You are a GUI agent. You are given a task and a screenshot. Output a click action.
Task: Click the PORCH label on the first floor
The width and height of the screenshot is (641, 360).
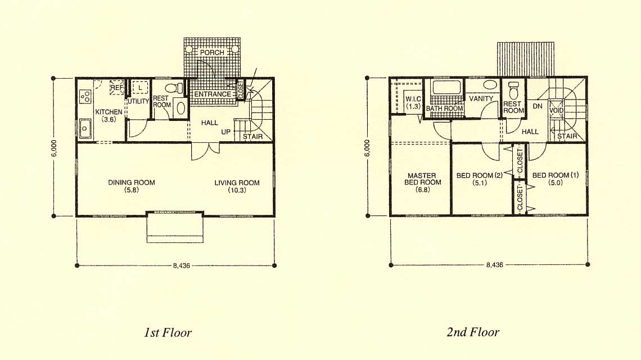pos(212,52)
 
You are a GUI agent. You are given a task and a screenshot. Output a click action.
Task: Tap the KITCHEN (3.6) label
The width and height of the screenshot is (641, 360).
pos(109,115)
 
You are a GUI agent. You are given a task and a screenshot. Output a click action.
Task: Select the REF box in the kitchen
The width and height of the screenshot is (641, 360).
pos(117,88)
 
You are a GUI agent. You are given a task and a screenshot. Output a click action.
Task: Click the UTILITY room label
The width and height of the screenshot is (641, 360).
pos(138,101)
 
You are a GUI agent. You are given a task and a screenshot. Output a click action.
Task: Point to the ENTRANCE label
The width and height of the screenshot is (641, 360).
pos(212,94)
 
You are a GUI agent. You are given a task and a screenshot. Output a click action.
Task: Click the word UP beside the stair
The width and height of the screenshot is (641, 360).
pos(225,132)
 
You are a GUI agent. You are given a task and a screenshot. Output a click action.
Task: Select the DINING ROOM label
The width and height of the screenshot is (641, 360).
pos(131,186)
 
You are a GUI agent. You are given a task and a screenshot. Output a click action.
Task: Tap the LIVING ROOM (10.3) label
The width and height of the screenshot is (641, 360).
pos(237,186)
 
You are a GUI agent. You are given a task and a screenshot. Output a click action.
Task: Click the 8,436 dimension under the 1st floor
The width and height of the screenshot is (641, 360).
pos(181,265)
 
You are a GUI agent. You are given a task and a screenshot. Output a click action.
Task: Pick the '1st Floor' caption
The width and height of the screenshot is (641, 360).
pos(168,332)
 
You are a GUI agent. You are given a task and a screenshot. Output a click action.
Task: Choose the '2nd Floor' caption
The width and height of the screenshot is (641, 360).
pos(472,332)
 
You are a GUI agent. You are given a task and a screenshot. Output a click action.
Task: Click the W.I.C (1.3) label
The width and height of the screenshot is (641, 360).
pos(413,103)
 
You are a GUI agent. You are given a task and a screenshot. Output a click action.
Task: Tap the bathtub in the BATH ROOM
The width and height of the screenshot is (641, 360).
pos(446,88)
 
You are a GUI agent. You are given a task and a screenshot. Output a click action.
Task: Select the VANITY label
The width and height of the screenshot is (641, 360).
pos(481,98)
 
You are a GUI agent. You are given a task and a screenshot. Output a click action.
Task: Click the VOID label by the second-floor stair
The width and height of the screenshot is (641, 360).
pos(557,110)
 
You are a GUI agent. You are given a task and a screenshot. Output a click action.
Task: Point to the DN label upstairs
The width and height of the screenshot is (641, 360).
pos(538,106)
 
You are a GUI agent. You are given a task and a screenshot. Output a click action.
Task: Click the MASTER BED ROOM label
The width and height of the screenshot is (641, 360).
pos(422,182)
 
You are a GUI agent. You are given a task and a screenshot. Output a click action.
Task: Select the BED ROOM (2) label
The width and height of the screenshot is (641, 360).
pos(479,179)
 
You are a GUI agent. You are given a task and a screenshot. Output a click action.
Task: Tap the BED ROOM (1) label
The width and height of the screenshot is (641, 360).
pos(556,179)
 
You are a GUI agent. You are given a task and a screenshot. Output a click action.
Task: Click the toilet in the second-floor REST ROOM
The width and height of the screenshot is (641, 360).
pos(514,90)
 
